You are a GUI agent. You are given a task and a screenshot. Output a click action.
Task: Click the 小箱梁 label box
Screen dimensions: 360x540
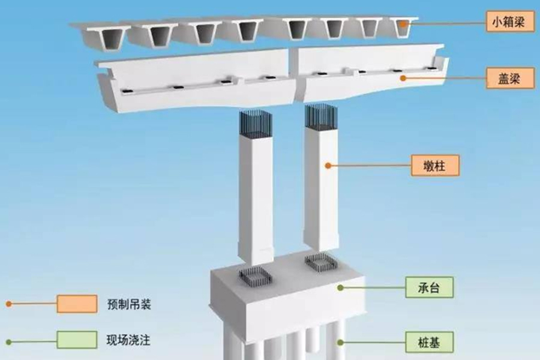(508, 24)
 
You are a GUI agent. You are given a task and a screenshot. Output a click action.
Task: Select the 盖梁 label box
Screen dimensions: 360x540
(508, 78)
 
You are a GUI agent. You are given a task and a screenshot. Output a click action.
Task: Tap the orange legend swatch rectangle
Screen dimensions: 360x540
(77, 304)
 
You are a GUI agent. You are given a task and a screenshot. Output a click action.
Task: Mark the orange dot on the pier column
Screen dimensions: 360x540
(328, 165)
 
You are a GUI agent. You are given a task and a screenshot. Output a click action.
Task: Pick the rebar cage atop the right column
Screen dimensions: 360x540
(319, 118)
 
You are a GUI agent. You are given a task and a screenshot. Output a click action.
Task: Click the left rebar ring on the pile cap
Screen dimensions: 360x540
(255, 276)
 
